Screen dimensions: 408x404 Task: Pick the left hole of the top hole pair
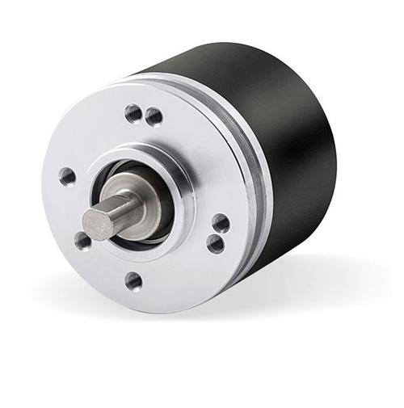pos(133,113)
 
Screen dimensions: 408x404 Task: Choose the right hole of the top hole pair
pos(154,117)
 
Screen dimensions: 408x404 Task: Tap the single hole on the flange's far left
pos(67,176)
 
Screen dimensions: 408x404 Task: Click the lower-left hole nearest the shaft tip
pos(82,240)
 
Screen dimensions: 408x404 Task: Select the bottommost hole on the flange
pos(134,280)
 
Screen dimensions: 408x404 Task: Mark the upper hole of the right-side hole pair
pos(220,223)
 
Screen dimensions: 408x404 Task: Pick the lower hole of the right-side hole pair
pos(216,242)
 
